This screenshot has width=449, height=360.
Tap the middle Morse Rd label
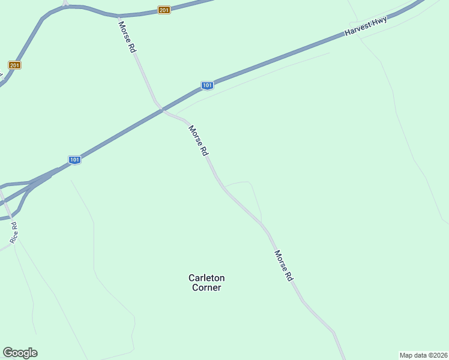coord(198,141)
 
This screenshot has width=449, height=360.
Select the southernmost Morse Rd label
coord(283,266)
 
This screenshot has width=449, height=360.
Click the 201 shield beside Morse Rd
coord(164,10)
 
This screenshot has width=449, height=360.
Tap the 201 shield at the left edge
coord(15,65)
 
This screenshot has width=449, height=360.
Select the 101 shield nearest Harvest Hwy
coord(207,85)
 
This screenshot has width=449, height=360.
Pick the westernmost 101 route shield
coord(74,160)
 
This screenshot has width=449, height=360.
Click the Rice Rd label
coord(14,232)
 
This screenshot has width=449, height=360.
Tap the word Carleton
coord(206,278)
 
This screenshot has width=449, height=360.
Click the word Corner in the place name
coord(206,287)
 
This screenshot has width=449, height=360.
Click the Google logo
coord(20,353)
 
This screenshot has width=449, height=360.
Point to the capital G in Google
coord(8,353)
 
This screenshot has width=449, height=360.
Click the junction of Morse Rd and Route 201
coord(119,15)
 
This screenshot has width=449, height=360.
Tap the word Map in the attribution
coord(406,355)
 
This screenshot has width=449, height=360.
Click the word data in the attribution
coord(420,355)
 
